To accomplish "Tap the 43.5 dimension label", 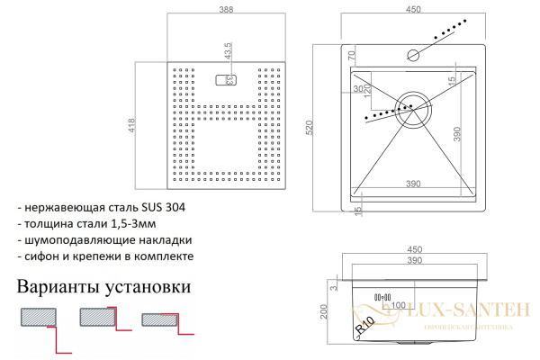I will [228, 54].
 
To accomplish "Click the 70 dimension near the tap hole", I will [351, 55].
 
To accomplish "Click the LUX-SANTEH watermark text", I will [464, 310].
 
